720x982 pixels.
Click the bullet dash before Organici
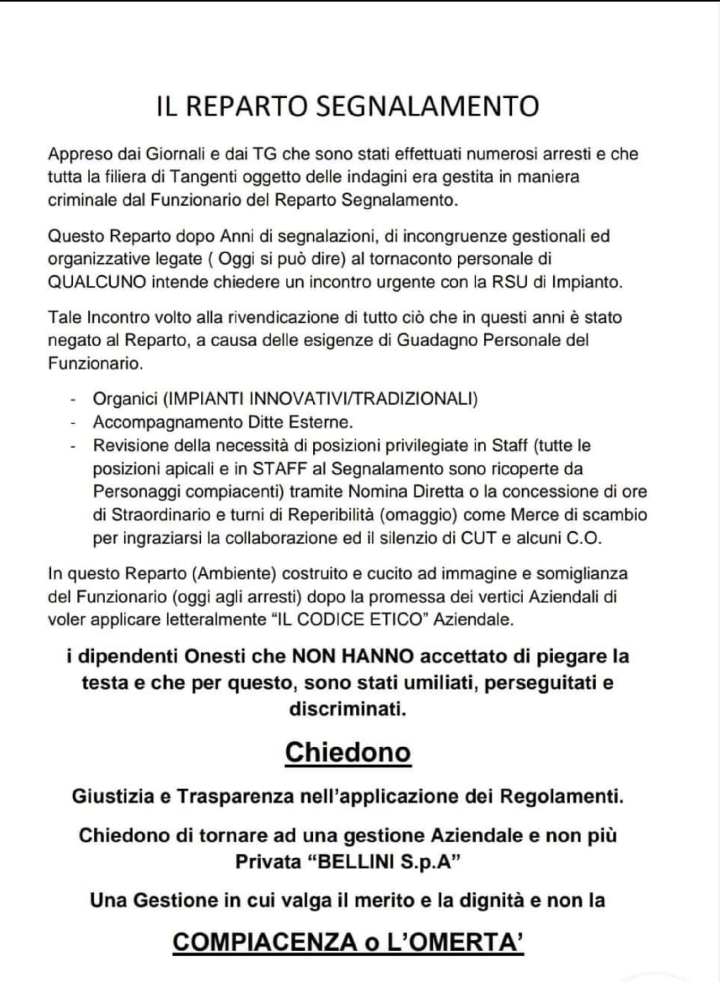pos(73,400)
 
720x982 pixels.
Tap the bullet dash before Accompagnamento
pos(73,423)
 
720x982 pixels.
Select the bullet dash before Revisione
pos(73,446)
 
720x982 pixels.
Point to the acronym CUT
pos(478,539)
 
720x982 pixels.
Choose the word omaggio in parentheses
pos(419,515)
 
